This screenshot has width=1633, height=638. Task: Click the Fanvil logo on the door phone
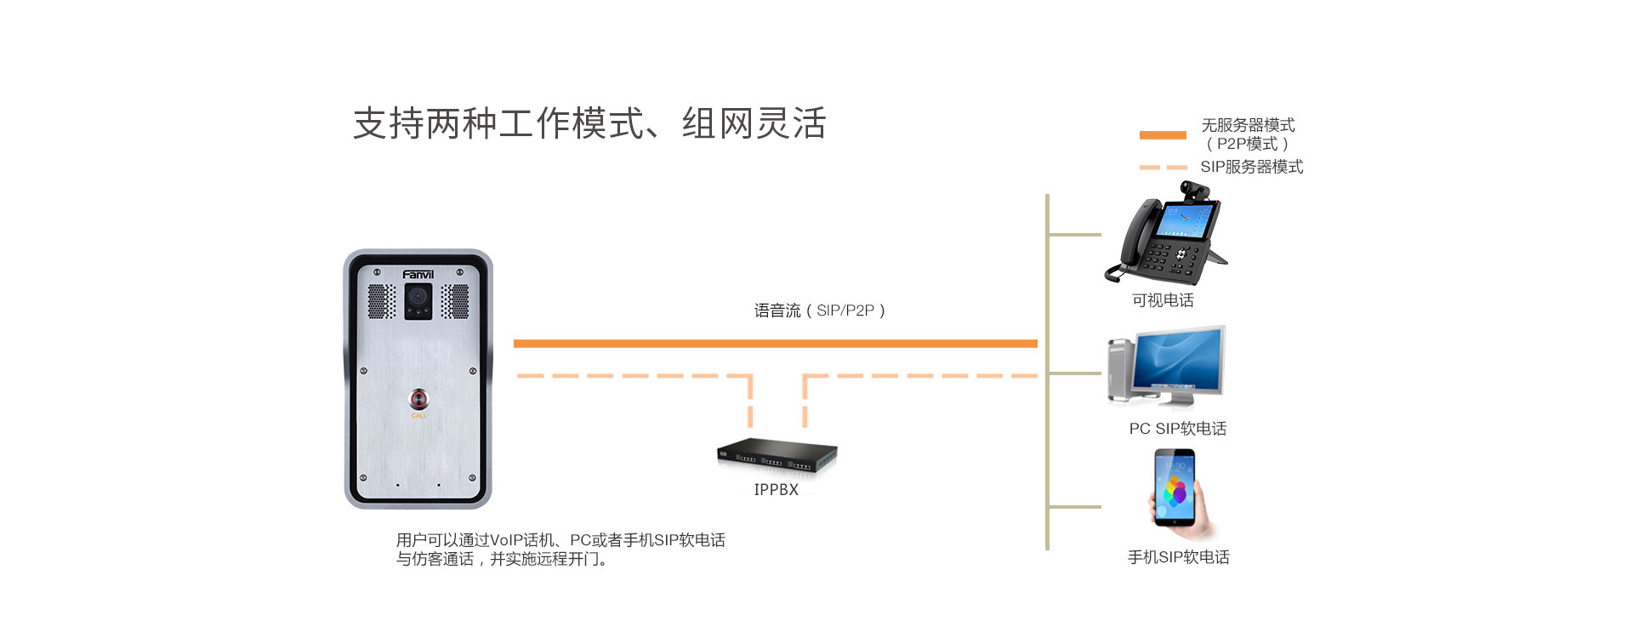[x=418, y=274]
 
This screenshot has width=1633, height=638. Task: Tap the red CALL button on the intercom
[x=419, y=399]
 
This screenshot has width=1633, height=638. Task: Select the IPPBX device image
[x=777, y=456]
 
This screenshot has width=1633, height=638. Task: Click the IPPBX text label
[x=777, y=490]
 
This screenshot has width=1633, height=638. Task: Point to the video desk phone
[x=1167, y=238]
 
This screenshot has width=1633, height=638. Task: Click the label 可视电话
[x=1163, y=300]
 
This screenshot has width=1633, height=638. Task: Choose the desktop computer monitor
[x=1179, y=362]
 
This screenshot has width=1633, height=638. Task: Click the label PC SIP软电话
[x=1178, y=429]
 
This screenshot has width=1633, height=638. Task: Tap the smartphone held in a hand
[x=1175, y=489]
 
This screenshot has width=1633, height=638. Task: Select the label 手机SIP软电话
[x=1178, y=557]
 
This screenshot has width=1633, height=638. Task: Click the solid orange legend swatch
[x=1162, y=134]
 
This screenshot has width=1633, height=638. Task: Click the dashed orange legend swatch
[x=1162, y=168]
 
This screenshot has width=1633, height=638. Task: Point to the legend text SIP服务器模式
[x=1251, y=167]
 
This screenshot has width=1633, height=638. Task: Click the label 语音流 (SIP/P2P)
[x=820, y=310]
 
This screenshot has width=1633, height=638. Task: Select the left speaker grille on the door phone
[x=381, y=300]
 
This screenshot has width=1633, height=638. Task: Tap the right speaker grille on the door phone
[x=455, y=300]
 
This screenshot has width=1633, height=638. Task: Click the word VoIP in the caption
[x=506, y=540]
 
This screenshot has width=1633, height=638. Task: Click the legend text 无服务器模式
[x=1248, y=125]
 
